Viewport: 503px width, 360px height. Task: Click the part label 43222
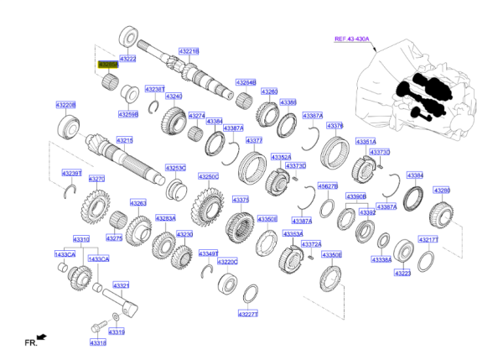[x=128, y=60]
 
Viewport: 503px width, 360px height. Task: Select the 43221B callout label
[x=189, y=50]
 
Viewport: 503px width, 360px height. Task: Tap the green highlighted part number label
[x=108, y=64]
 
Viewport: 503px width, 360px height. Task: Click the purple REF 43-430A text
[x=353, y=39]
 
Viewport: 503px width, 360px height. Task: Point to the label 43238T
[x=154, y=88]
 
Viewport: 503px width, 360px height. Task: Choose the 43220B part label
[x=66, y=105]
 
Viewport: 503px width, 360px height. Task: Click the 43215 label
[x=124, y=140]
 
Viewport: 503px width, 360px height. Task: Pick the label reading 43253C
[x=175, y=168]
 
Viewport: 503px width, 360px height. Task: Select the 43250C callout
[x=209, y=177]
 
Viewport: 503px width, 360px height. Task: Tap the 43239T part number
[x=72, y=173]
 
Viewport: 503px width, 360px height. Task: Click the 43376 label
[x=334, y=125]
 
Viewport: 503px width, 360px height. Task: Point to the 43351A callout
[x=366, y=142]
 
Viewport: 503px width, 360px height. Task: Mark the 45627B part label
[x=327, y=186]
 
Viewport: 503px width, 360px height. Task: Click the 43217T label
[x=428, y=239]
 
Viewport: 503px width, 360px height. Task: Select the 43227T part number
[x=247, y=314]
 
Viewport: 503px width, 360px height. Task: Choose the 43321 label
[x=122, y=285]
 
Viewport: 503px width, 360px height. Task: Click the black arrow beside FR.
[x=41, y=337]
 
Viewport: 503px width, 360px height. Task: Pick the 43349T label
[x=208, y=253]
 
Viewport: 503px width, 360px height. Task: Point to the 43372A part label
[x=312, y=244]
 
